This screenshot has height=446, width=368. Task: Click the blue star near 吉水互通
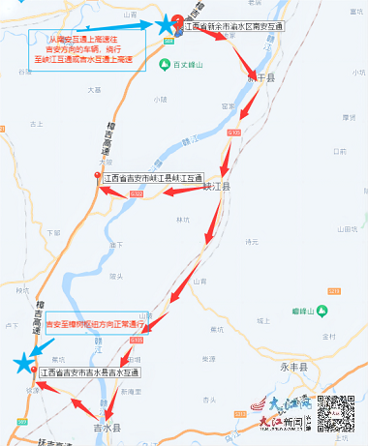pos(23,363)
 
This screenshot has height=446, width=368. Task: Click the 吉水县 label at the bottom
pos(105,427)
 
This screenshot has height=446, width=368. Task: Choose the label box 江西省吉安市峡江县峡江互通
pos(153,178)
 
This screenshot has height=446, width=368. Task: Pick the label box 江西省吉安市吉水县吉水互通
pos(89,372)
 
